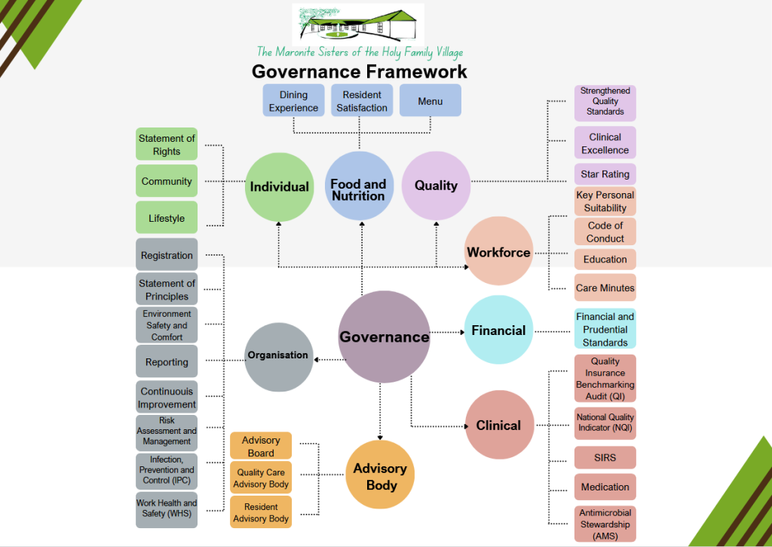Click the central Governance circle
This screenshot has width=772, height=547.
click(384, 336)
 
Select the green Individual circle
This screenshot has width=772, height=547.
click(279, 186)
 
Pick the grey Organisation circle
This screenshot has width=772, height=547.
click(279, 356)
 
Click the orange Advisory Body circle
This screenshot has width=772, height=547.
click(381, 475)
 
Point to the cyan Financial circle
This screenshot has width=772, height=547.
click(498, 330)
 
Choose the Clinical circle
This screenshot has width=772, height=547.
click(498, 426)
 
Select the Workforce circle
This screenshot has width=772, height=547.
click(498, 252)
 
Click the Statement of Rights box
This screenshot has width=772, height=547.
click(167, 144)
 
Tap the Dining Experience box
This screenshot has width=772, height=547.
click(293, 101)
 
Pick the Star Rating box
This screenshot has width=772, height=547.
click(605, 174)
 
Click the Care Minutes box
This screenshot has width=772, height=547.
click(605, 287)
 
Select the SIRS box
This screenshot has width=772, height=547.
click(605, 458)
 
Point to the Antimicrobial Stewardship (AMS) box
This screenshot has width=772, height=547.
click(605, 524)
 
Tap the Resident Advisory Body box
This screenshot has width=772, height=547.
click(261, 512)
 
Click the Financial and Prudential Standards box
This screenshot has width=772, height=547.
click(605, 330)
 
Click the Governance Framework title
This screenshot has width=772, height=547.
click(359, 72)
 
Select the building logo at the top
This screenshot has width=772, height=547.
click(358, 24)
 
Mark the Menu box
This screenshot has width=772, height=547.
click(430, 101)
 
